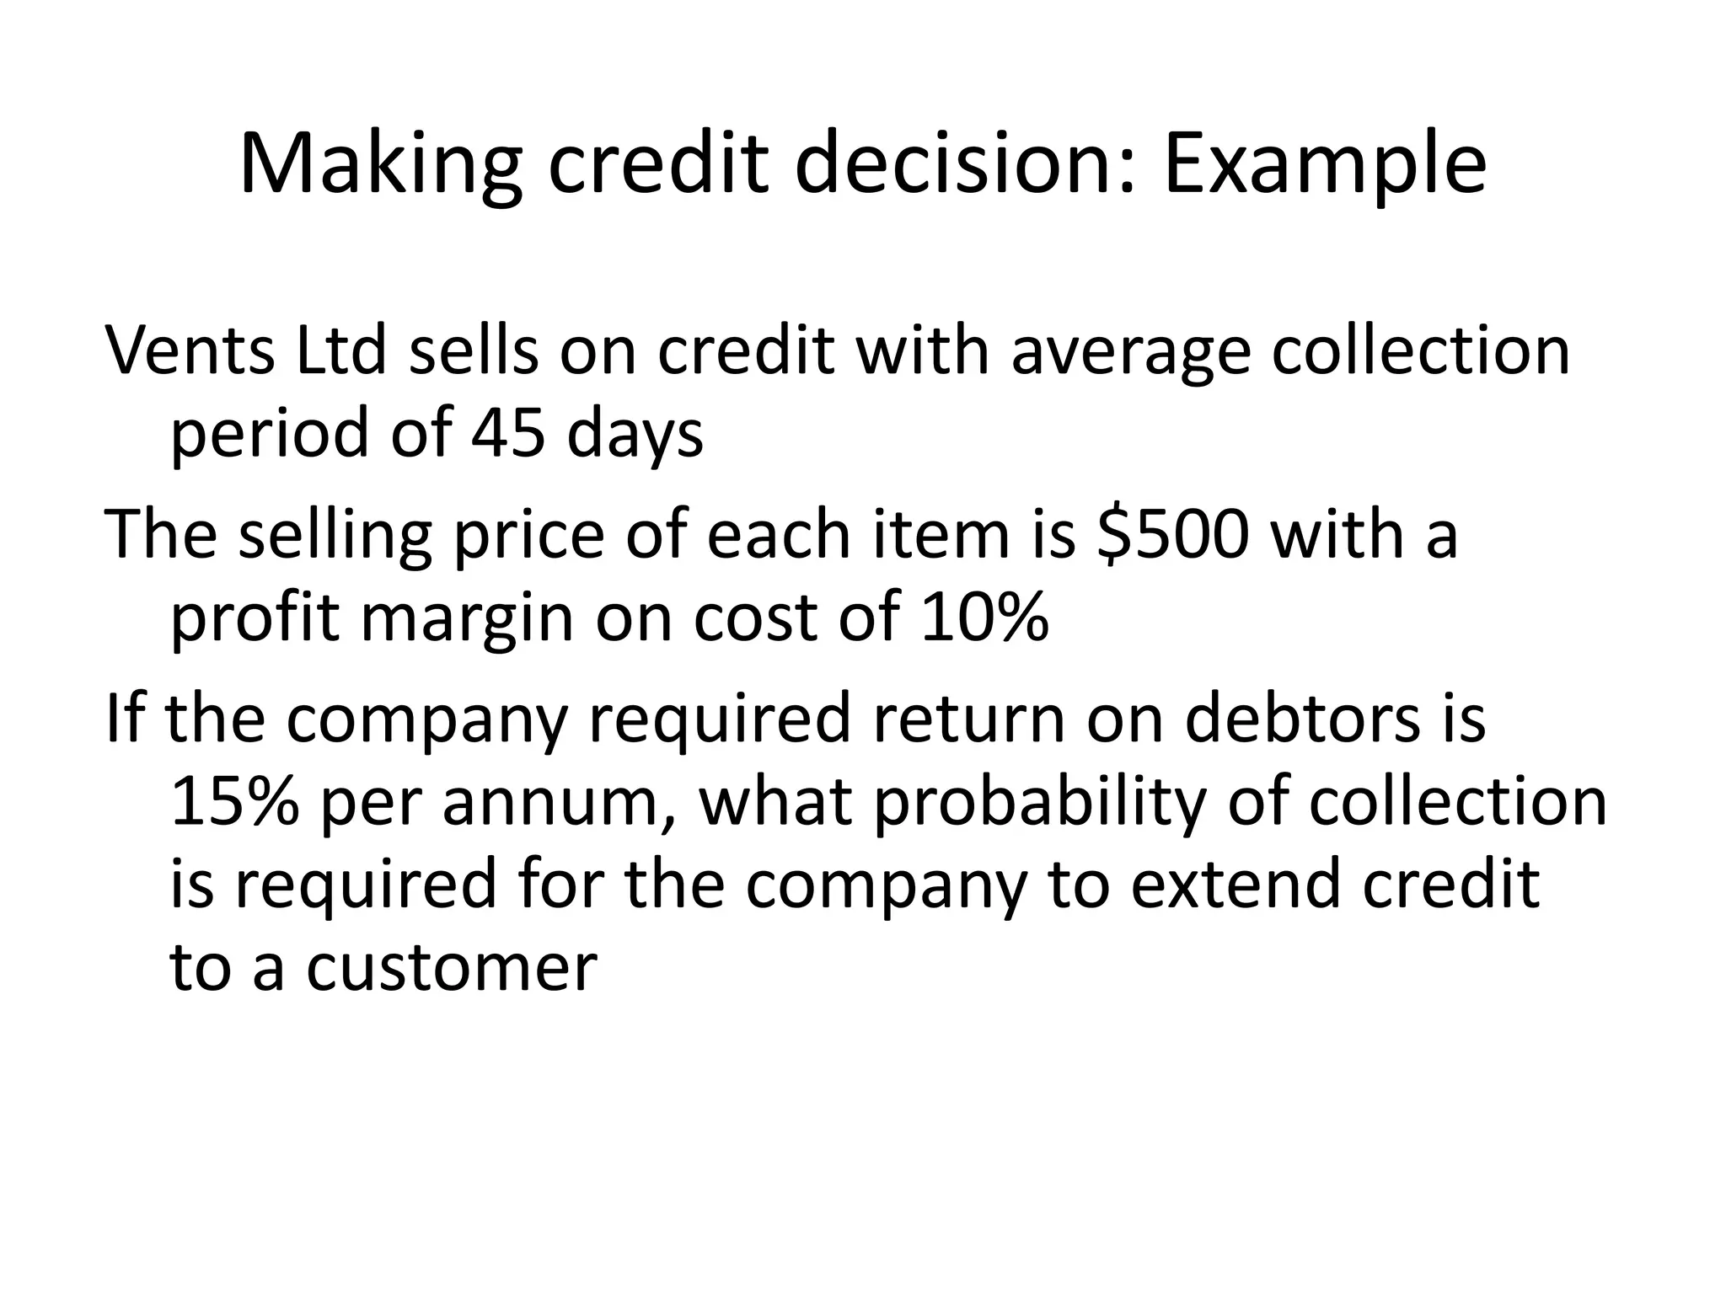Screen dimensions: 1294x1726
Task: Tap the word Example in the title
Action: [x=1325, y=164]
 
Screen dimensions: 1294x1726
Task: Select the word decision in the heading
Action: [x=957, y=164]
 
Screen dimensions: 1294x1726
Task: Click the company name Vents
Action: [x=190, y=350]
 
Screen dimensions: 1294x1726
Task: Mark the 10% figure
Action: [x=984, y=618]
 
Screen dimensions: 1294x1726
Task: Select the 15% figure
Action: [x=234, y=802]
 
